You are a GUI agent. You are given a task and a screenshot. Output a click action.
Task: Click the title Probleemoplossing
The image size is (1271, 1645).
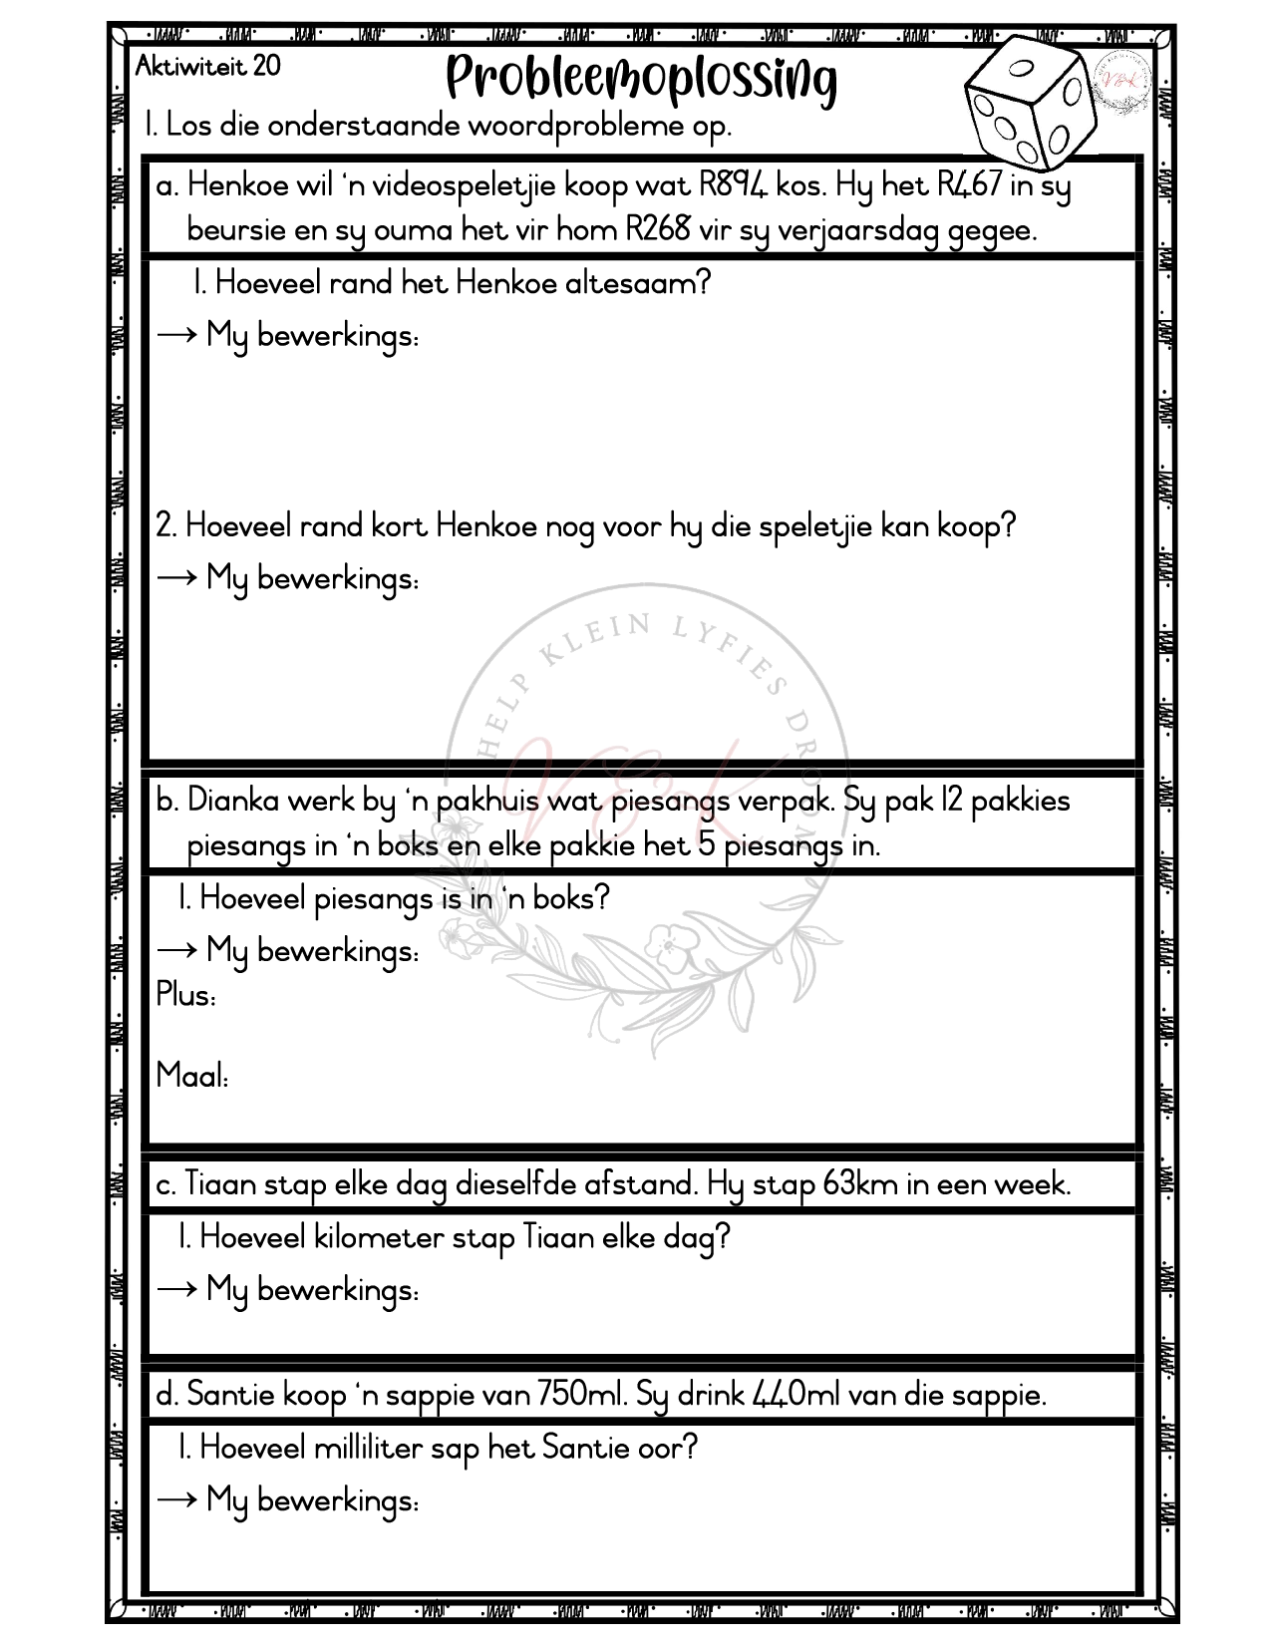click(641, 80)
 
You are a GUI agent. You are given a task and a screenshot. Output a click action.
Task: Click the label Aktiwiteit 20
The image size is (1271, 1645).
click(207, 67)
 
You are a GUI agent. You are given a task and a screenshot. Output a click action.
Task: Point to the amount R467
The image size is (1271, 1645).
click(969, 185)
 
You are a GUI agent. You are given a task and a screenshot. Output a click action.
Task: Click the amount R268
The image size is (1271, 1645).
click(658, 230)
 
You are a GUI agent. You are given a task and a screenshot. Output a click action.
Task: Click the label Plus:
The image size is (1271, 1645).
click(185, 995)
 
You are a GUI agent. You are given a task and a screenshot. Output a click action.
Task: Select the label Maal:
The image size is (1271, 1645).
click(192, 1076)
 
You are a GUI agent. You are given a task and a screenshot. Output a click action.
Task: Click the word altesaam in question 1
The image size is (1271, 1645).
click(637, 283)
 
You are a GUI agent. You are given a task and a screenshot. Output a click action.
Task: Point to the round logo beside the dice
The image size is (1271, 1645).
click(1123, 83)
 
